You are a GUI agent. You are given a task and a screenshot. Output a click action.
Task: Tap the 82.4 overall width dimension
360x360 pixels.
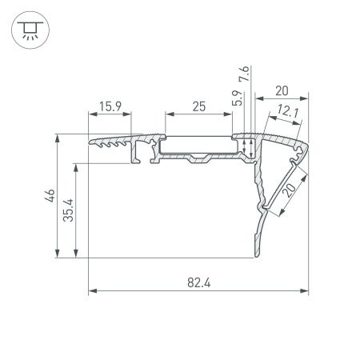pyautogui.click(x=198, y=282)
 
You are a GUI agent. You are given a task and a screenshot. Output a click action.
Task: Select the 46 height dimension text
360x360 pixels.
pyautogui.click(x=49, y=196)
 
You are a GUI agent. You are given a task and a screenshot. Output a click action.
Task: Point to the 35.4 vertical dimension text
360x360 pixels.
pyautogui.click(x=70, y=210)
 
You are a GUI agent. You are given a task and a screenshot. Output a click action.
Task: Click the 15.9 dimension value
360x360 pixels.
pyautogui.click(x=110, y=106)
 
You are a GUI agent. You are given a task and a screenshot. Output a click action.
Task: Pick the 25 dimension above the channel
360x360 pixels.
pyautogui.click(x=198, y=106)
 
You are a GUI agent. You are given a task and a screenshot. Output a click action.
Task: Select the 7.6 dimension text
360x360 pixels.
pyautogui.click(x=244, y=77)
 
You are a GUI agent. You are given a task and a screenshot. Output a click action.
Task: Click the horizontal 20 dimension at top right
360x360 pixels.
pyautogui.click(x=282, y=90)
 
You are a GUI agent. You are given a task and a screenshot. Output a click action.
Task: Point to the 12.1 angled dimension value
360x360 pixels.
pyautogui.click(x=289, y=114)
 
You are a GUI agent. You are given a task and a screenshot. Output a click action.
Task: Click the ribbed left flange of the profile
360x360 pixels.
pyautogui.click(x=110, y=142)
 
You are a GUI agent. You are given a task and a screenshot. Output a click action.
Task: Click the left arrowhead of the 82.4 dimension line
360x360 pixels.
pyautogui.click(x=90, y=290)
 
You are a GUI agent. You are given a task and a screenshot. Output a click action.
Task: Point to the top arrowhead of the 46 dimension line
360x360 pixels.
pyautogui.click(x=57, y=138)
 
